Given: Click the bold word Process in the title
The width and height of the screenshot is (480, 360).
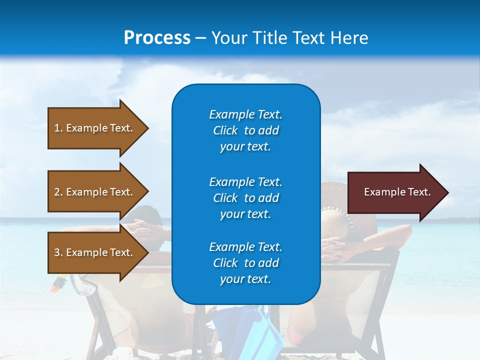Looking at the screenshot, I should (x=157, y=38).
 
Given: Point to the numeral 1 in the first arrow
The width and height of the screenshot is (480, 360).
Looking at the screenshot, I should (x=56, y=128).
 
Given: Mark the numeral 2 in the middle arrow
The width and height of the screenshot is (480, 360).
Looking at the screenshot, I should (x=56, y=192).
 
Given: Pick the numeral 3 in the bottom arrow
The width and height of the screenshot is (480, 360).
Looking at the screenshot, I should (x=56, y=252).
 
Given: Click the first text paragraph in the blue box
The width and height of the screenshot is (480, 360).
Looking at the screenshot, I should (x=245, y=130).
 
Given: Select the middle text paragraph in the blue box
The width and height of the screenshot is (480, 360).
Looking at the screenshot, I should (x=245, y=198).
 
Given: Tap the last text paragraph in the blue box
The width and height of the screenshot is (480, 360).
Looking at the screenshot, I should (x=245, y=263).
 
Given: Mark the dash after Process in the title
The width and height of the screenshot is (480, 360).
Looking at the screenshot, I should (x=201, y=38).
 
